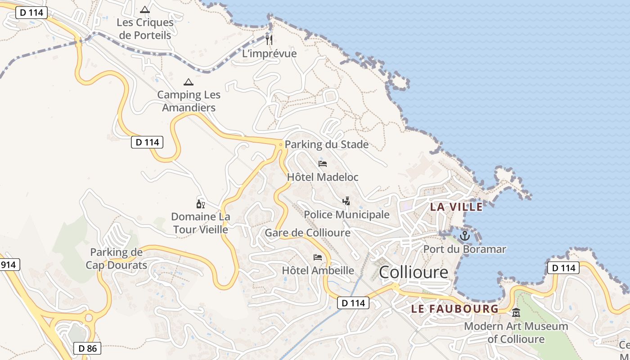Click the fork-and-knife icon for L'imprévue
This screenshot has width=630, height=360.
coord(269,40)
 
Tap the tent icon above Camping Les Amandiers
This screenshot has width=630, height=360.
coord(188,82)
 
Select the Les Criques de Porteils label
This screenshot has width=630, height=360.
coord(145,28)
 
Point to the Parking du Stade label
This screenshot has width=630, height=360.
coord(327,144)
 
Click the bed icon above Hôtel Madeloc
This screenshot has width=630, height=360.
coord(322,164)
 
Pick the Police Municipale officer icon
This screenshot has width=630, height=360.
coord(346,201)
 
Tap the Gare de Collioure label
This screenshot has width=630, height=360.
coord(307,233)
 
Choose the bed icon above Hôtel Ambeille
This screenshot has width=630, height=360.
coord(318,257)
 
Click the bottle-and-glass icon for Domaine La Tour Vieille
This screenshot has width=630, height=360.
coord(200,204)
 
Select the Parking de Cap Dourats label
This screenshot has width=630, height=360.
coord(117,259)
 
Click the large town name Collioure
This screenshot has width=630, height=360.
coord(414,272)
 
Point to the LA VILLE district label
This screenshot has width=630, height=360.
coord(456,207)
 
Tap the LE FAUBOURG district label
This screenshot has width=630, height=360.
coord(455,309)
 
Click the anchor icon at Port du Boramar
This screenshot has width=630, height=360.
coord(464,235)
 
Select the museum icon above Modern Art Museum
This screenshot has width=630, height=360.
coord(516,312)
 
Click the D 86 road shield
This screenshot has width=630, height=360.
coord(87,348)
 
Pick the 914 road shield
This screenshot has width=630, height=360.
coord(8,265)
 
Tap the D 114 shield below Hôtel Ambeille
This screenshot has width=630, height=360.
coord(353,303)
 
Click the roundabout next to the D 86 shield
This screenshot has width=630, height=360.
coord(88,318)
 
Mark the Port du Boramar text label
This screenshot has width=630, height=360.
coord(465,249)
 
